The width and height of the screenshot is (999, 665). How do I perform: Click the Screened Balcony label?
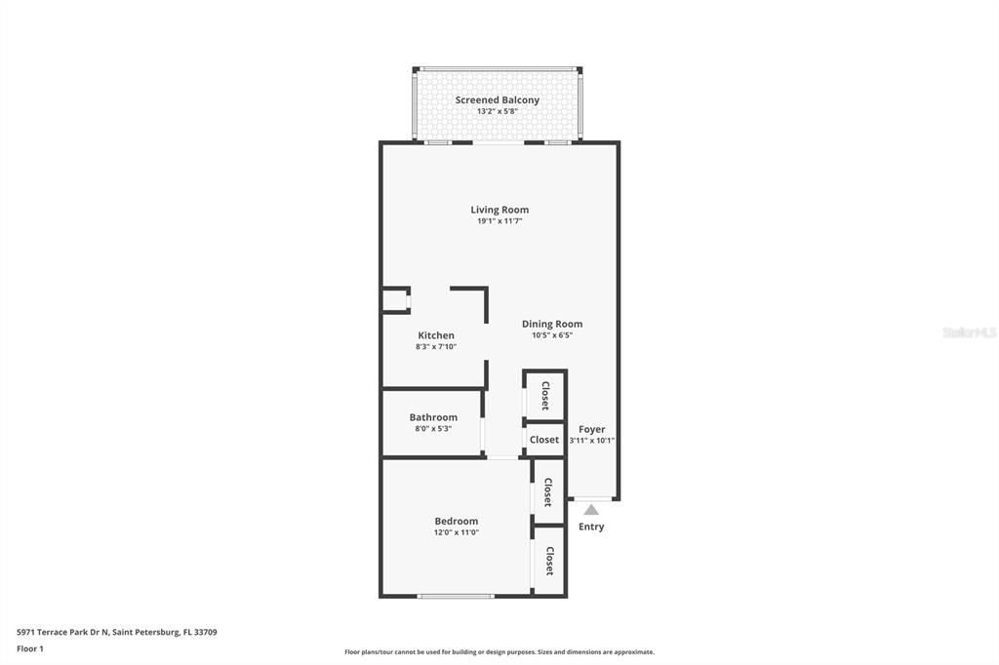tap(497, 99)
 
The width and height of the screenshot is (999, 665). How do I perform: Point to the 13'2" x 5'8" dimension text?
tap(497, 111)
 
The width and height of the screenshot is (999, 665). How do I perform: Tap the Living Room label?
tap(499, 210)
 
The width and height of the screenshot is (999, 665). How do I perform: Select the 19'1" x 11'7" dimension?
tap(499, 221)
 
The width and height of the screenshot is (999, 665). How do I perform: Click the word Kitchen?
tap(435, 335)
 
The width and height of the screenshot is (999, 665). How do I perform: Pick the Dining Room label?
tap(552, 324)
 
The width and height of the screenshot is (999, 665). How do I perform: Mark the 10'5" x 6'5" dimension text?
tap(552, 335)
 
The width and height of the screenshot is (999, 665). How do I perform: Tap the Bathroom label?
tap(433, 417)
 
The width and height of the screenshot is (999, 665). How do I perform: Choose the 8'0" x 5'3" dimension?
tap(433, 429)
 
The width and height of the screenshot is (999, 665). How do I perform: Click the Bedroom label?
tap(456, 521)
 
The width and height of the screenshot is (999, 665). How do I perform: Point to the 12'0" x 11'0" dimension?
tap(456, 532)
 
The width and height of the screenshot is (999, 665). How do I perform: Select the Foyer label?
tap(591, 429)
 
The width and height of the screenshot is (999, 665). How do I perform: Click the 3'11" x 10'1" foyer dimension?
tap(591, 441)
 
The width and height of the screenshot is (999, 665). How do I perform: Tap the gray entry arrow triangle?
tap(591, 509)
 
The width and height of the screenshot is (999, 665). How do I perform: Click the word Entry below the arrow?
tap(591, 527)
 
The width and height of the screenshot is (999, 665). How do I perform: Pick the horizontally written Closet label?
tap(544, 440)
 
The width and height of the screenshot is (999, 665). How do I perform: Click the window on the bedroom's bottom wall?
tap(456, 596)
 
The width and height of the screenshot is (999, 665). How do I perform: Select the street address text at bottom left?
tap(116, 632)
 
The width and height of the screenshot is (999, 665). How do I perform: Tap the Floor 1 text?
tap(30, 648)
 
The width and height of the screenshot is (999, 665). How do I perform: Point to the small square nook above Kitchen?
tap(395, 299)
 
